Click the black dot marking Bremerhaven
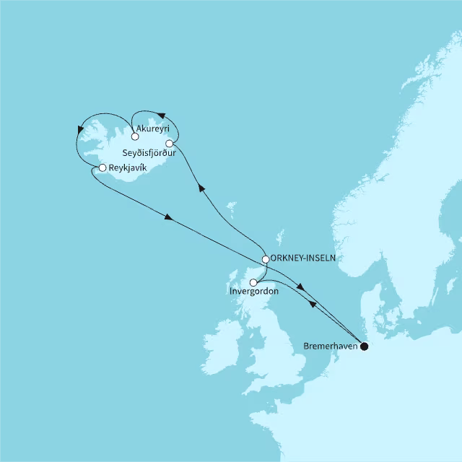365,346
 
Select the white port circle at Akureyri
135,136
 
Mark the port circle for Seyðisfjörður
169,144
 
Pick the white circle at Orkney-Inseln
266,258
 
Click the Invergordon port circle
253,283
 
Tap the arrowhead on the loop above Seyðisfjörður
162,115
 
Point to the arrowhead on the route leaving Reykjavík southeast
169,217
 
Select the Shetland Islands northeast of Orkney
281,235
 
